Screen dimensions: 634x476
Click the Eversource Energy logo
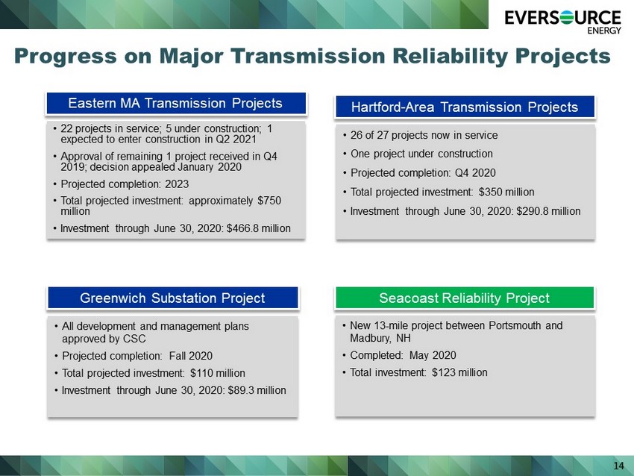[562, 22]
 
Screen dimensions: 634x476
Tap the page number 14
[618, 466]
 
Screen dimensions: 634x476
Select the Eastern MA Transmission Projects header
[176, 103]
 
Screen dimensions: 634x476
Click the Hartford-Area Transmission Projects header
[465, 107]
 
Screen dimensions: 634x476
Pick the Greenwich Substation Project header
[172, 298]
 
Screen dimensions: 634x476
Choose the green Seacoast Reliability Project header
[465, 298]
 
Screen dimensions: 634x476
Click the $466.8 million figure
[258, 228]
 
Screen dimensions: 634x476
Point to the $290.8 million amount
[548, 211]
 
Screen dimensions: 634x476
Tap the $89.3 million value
[257, 390]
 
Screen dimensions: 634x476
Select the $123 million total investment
[459, 372]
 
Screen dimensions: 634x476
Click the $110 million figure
[218, 373]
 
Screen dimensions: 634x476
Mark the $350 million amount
[506, 192]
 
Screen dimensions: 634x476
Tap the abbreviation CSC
[134, 339]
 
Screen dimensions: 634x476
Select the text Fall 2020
[191, 356]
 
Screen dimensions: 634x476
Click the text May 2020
[433, 355]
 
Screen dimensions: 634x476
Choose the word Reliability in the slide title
[450, 56]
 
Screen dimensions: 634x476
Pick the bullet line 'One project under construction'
[421, 154]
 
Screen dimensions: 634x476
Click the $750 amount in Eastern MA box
[269, 201]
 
